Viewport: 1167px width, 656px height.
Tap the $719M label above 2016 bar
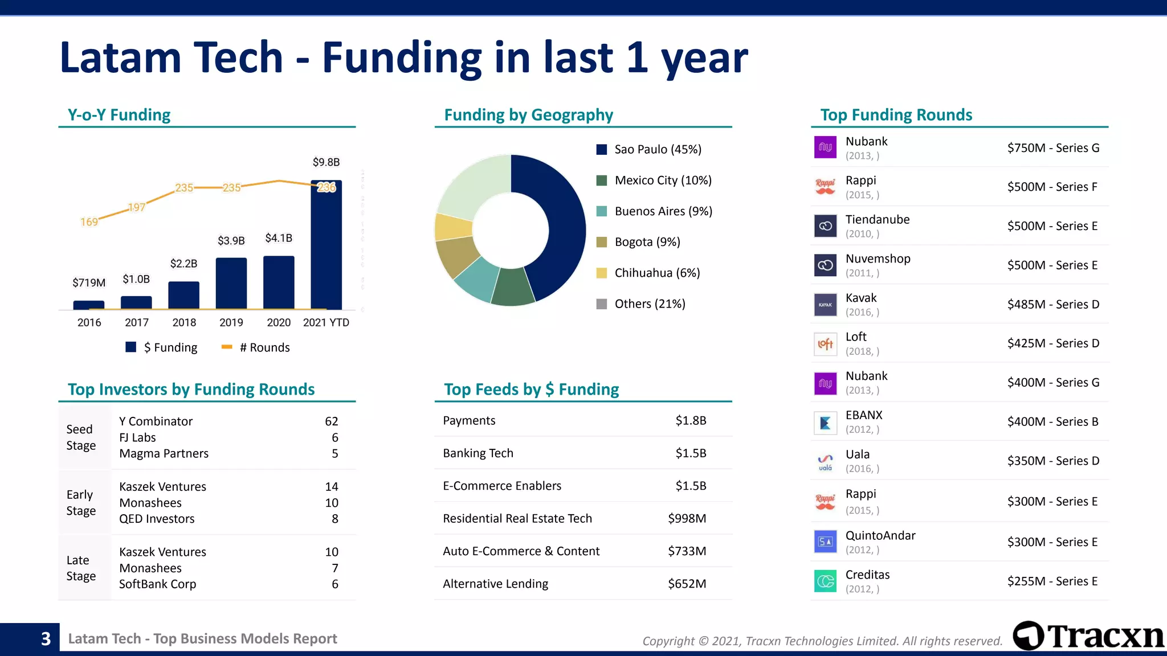tap(89, 282)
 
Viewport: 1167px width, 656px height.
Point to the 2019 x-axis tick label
tap(231, 322)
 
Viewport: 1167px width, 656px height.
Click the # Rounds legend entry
tap(256, 347)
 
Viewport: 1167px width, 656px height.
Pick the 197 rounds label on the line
tap(137, 207)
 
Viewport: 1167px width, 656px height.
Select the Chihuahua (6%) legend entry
tap(648, 273)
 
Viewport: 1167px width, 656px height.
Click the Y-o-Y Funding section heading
tap(119, 115)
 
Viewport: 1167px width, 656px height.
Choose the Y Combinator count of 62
tap(332, 421)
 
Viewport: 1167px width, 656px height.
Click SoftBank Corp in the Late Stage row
tap(157, 584)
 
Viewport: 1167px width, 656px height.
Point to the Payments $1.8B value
tap(691, 420)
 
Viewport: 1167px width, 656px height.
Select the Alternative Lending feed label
tap(495, 584)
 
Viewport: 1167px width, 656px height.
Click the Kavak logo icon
tap(825, 305)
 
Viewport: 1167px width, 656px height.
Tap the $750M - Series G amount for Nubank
tap(1053, 148)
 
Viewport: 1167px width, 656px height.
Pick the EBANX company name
tap(864, 415)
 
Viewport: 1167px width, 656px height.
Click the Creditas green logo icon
tap(825, 581)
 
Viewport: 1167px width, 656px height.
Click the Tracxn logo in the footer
tap(1088, 636)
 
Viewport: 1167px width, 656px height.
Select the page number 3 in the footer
tap(46, 639)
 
